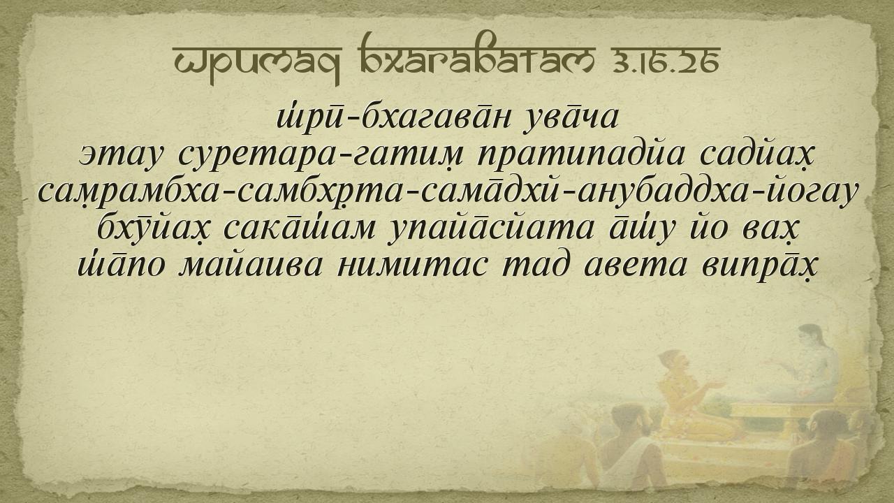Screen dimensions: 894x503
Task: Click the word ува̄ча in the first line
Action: pos(571,118)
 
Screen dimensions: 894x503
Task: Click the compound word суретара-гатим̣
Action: pos(321,156)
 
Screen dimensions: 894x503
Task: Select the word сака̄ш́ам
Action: pos(300,228)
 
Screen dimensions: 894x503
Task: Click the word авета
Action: pos(636,266)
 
